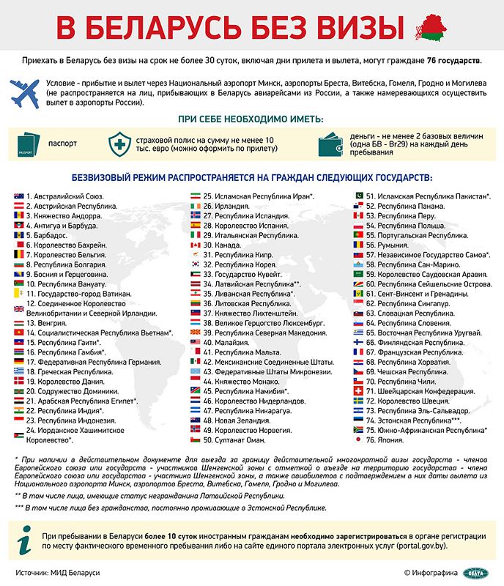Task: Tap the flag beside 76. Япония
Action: (x=358, y=440)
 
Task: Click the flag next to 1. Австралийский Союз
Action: (x=18, y=197)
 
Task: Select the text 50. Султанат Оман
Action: (x=234, y=440)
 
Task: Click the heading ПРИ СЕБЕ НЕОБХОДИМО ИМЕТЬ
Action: (x=251, y=118)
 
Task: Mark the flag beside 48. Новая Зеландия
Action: (x=195, y=420)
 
